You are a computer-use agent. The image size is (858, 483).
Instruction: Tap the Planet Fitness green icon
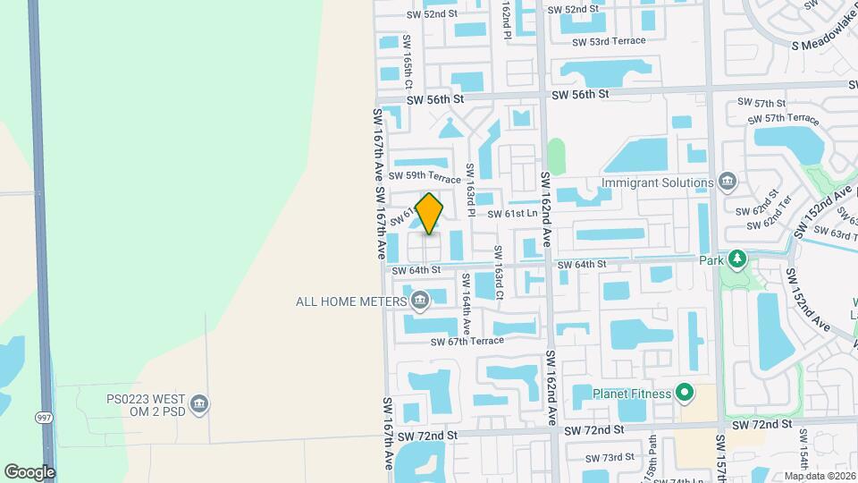685,393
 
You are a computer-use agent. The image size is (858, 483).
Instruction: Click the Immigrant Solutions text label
658,182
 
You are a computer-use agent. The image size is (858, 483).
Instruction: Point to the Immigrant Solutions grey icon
727,182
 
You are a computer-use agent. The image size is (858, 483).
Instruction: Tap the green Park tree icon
736,260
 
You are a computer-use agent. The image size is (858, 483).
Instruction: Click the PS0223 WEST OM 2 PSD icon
200,405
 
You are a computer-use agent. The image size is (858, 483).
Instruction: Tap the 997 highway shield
43,418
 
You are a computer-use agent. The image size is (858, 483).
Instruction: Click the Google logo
29,471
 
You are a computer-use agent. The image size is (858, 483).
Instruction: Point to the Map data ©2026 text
819,476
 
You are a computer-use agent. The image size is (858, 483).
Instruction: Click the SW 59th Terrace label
425,175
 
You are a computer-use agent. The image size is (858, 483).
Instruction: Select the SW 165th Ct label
408,61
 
